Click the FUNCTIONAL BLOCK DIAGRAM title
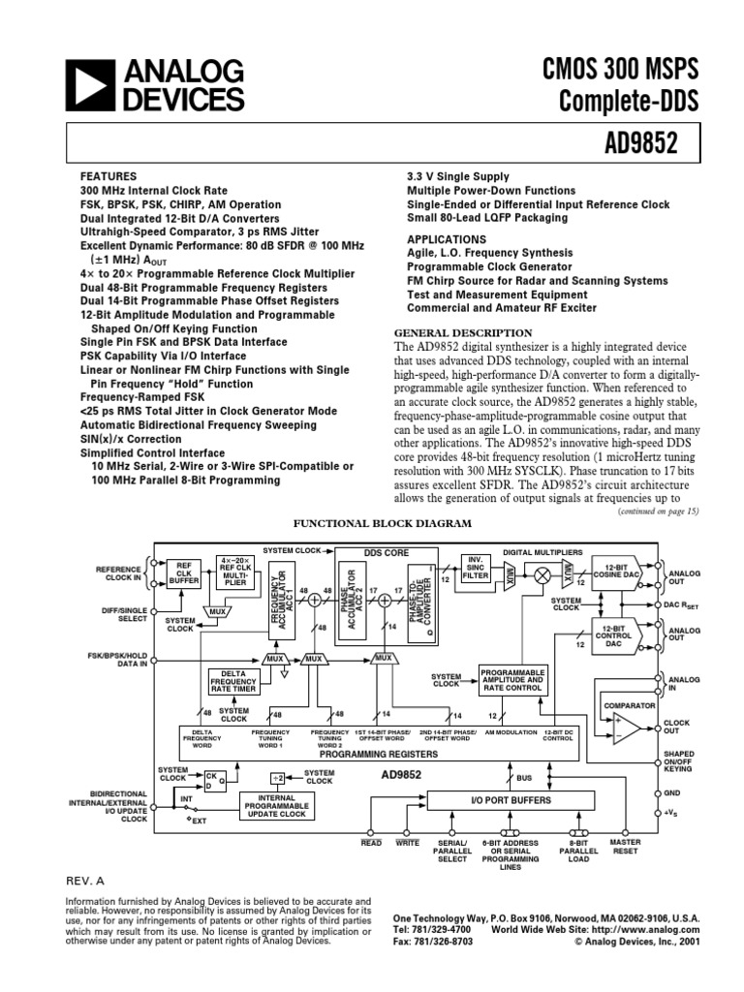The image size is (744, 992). click(x=369, y=523)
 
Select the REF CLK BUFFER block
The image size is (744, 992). click(x=183, y=573)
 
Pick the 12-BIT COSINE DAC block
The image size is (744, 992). click(x=627, y=572)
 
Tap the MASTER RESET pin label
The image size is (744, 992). click(x=625, y=847)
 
